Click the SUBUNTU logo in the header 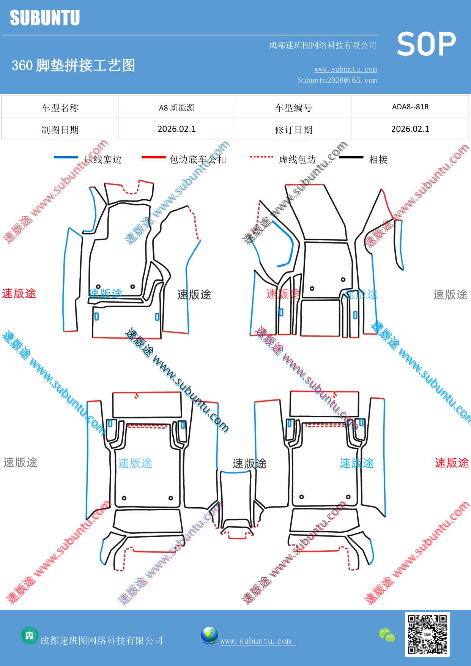click(x=45, y=18)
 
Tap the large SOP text click(x=426, y=44)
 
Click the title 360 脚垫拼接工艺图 click(x=73, y=65)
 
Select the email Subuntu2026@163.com click(x=337, y=80)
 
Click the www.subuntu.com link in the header click(x=345, y=69)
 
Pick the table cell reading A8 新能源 click(x=176, y=107)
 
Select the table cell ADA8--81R click(x=410, y=107)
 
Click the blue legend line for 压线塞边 click(x=66, y=157)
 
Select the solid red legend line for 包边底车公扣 click(x=154, y=157)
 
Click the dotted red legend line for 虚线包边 click(x=262, y=156)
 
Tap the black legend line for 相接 click(x=351, y=157)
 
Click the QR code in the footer click(x=427, y=634)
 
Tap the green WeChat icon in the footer click(x=387, y=635)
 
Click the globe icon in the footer click(x=210, y=635)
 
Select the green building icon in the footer click(x=29, y=635)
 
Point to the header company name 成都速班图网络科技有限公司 click(x=323, y=46)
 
